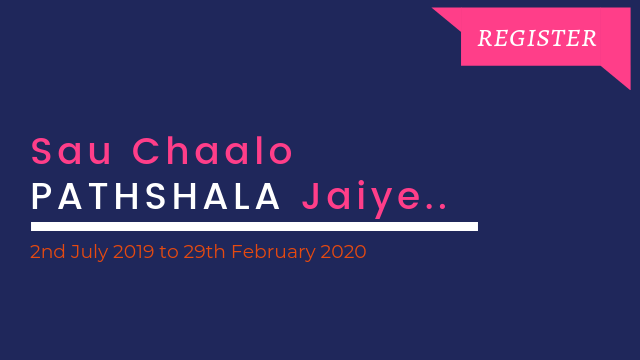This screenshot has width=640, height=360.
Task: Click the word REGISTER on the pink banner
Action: point(537,38)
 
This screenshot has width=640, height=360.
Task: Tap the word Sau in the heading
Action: point(71,151)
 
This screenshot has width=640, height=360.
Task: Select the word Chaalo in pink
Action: point(213,150)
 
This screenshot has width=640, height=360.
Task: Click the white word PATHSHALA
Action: point(156,197)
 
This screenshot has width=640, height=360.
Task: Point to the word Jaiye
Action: point(361,199)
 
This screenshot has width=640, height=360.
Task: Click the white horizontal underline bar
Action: point(254,227)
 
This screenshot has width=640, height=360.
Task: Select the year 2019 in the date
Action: point(133,251)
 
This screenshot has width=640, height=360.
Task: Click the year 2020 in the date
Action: point(343,251)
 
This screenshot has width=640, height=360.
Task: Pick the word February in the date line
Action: point(273,252)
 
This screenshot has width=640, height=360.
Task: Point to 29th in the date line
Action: point(204,251)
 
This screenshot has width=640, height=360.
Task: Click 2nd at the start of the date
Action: point(47,251)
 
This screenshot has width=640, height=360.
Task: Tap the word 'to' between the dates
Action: point(169,252)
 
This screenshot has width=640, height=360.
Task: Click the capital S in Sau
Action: point(41,151)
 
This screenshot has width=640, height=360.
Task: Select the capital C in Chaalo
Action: point(145,151)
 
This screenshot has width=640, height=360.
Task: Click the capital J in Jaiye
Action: point(310,196)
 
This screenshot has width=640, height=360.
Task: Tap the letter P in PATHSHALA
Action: point(41,197)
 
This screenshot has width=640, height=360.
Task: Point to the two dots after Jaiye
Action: point(436,207)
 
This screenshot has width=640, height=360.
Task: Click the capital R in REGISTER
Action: point(485,38)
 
